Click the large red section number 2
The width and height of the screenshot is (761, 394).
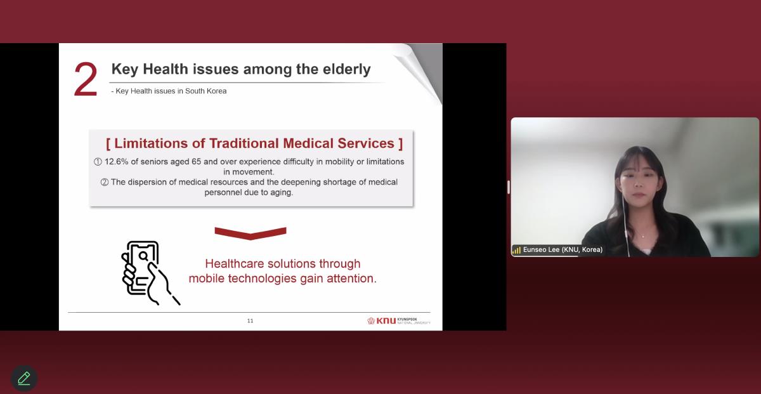coord(86,79)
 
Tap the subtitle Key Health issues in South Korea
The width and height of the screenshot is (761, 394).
coord(169,91)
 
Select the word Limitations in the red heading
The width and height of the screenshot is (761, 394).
coord(151,143)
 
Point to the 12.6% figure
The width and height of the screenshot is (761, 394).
coord(116,162)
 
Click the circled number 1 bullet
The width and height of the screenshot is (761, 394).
coord(98,162)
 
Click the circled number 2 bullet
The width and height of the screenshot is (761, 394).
coord(105,182)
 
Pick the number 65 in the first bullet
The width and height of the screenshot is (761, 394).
coord(197,162)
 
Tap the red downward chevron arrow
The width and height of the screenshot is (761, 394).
coord(250,233)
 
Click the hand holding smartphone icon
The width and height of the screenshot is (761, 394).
coord(150,273)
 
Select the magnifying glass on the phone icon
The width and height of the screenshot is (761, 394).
coord(144,256)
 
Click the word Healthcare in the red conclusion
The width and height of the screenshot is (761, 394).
coord(235,264)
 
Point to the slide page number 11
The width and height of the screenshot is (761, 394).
coord(250,320)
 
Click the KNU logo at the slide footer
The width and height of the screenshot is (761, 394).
coord(398,320)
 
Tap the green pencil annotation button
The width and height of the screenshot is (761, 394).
coord(24,378)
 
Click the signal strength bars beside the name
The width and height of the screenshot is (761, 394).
coord(516,250)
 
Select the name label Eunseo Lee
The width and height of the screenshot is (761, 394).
coord(541,249)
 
